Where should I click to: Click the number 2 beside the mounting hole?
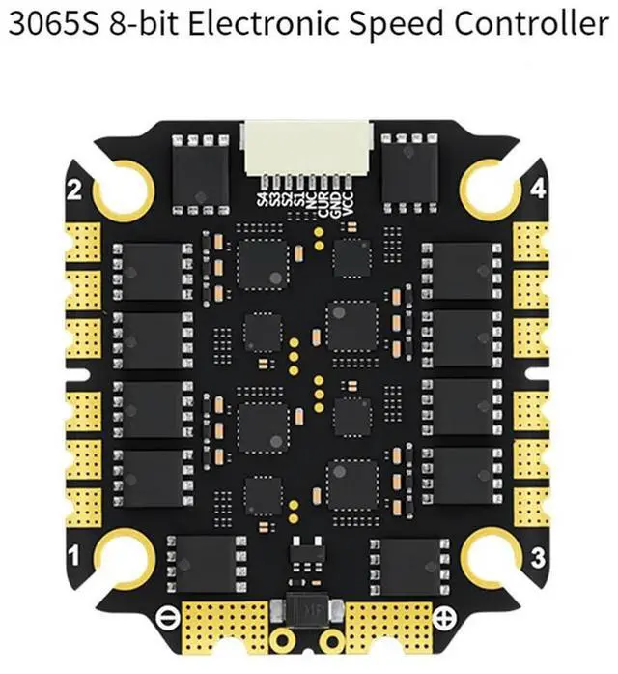pos(72,190)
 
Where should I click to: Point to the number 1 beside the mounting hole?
pos(72,554)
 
